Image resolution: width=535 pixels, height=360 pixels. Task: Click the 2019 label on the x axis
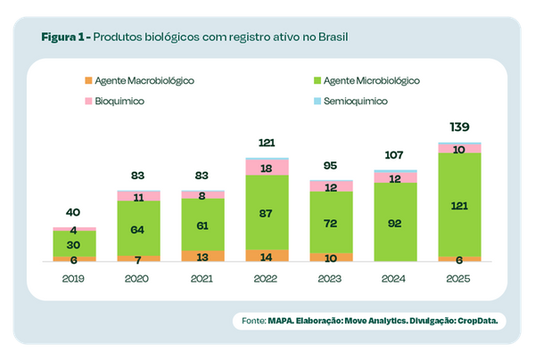pos(74,279)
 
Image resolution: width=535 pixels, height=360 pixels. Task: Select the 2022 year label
pos(267,279)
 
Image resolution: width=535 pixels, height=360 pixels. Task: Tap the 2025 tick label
pos(459,279)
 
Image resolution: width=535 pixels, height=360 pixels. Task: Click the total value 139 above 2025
pos(459,127)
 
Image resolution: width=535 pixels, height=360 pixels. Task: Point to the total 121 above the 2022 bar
pos(267,143)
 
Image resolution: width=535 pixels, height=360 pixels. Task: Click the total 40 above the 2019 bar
pos(74,213)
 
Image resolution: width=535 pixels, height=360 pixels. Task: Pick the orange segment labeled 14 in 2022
pos(267,256)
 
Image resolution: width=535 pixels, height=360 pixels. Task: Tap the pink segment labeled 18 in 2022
pos(267,168)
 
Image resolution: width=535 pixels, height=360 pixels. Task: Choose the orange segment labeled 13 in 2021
pos(202,256)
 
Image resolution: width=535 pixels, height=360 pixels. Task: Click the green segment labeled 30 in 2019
pos(74,245)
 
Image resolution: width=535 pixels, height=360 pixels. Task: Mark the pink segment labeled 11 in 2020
pos(138,196)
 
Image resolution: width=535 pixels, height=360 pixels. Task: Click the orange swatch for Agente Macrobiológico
pos(87,80)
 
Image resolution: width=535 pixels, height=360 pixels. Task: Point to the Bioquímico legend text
pos(120,102)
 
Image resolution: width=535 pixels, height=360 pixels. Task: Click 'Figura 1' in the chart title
pos(63,38)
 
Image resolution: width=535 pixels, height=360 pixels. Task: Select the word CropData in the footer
pos(477,320)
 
